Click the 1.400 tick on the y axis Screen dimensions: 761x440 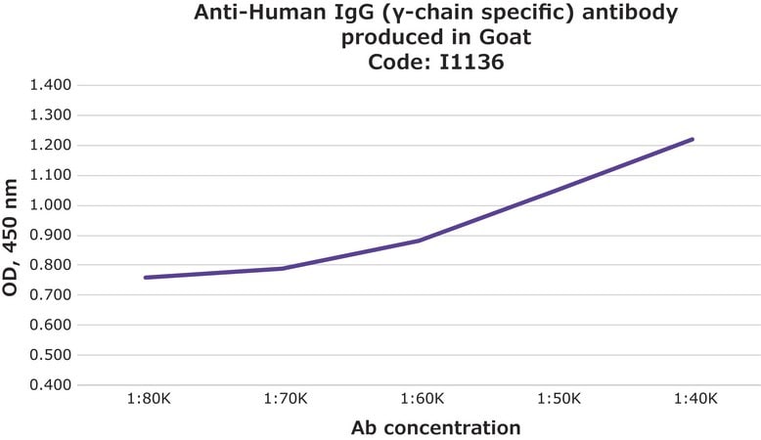51,85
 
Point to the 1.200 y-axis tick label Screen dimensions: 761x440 51,145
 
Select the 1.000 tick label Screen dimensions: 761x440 51,205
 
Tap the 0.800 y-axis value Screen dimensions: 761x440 51,265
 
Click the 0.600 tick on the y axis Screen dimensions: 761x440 51,325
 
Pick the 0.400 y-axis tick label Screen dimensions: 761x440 51,384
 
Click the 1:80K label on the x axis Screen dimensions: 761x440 149,399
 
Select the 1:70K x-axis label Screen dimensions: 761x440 286,399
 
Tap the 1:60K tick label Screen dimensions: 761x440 423,399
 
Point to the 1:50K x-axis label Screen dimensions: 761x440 560,399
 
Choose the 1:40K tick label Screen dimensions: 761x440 695,399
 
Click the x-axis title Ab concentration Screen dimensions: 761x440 436,428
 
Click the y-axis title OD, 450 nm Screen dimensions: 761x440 10,238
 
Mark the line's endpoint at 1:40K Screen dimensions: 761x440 692,140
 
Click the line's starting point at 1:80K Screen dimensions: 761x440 146,278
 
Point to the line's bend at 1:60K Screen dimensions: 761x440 419,241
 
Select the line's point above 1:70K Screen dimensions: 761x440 283,268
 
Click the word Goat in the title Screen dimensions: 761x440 506,37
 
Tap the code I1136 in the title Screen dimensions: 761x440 471,63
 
